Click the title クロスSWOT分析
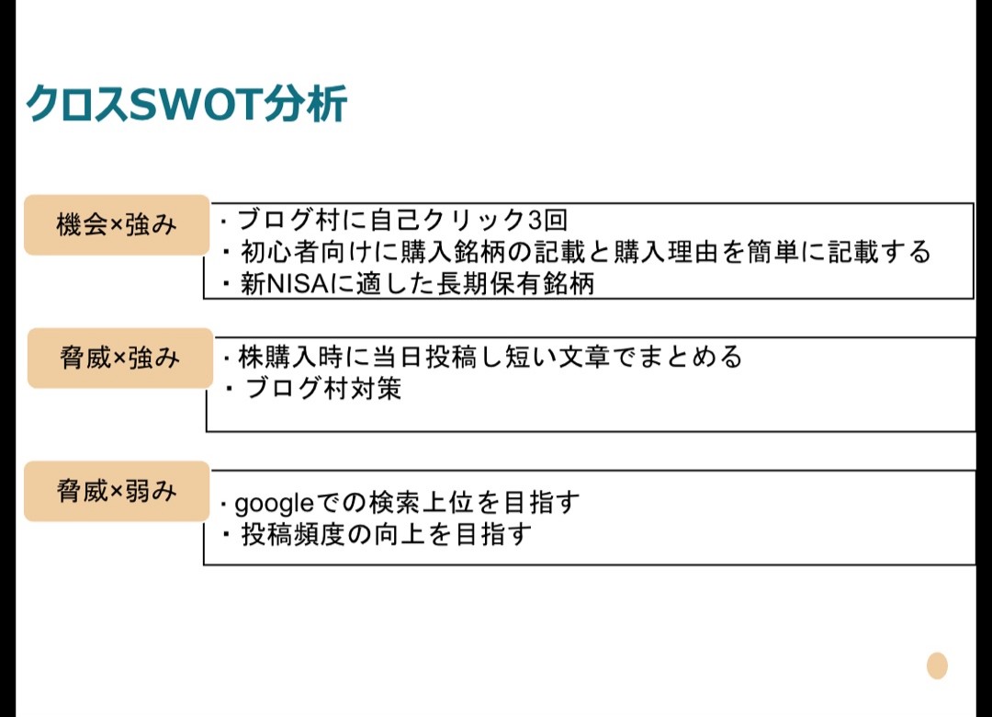(186, 103)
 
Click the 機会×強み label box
(117, 225)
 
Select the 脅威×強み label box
(120, 358)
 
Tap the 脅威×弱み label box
(117, 492)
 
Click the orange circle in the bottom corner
(937, 666)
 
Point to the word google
(274, 504)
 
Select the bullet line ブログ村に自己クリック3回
(393, 220)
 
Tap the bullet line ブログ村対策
(313, 388)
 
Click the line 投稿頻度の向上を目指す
(378, 535)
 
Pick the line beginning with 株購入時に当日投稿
(482, 357)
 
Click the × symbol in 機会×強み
(117, 225)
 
